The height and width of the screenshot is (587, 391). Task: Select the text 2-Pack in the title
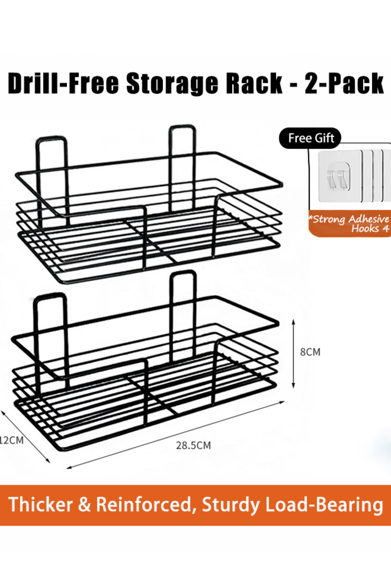(x=344, y=83)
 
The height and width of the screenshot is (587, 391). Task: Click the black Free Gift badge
(x=310, y=138)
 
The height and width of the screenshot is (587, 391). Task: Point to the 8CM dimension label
(x=310, y=352)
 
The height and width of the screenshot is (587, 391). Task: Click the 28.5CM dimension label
(x=194, y=445)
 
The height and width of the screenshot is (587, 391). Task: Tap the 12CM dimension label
(x=12, y=440)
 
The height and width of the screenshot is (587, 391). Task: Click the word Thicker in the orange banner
(x=40, y=504)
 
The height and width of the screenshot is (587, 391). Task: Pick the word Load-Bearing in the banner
(x=324, y=505)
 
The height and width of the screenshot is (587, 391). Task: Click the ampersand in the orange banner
(x=84, y=504)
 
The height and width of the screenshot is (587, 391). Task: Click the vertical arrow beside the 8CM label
(x=294, y=354)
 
